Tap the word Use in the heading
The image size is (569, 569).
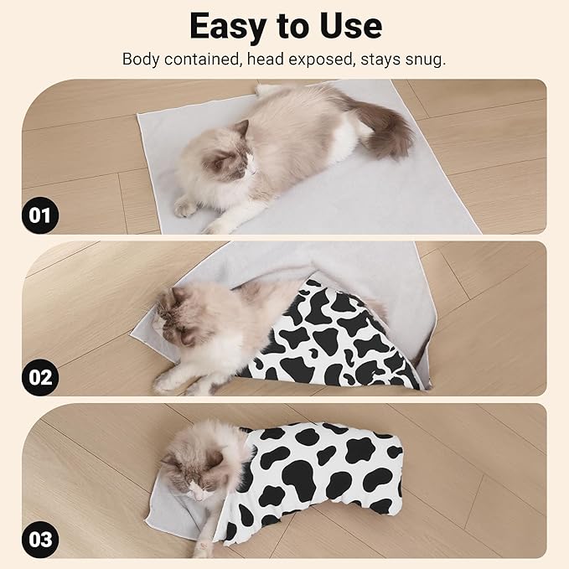(x=344, y=26)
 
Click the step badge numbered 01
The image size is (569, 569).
(x=40, y=215)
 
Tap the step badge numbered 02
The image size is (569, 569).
(x=40, y=376)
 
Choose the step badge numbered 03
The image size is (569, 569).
(x=40, y=537)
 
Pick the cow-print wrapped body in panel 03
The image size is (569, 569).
(x=323, y=473)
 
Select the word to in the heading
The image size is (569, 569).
(x=287, y=28)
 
